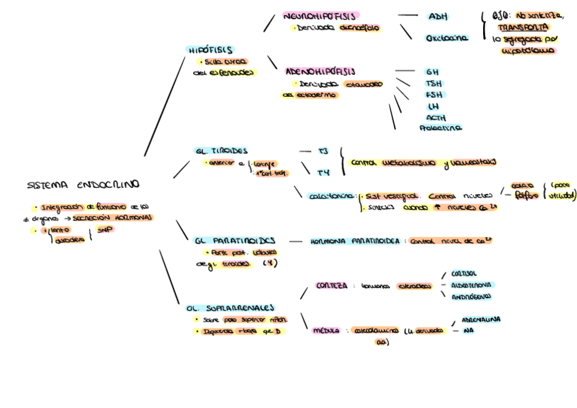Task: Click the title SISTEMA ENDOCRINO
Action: coord(83,185)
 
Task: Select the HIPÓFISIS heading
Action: coord(210,50)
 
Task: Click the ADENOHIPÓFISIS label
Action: coord(320,71)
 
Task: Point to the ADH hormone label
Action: coord(438,16)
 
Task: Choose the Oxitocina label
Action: coord(446,38)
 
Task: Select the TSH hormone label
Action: coord(433,83)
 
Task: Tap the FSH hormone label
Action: coord(433,95)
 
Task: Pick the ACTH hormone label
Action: coord(436,118)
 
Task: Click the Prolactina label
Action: coord(441,128)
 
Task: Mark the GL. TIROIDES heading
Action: coord(221,151)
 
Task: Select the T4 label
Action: coord(324,173)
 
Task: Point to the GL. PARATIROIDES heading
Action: coord(234,240)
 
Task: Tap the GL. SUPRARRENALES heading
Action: coord(230,308)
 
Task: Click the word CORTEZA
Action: coord(331,285)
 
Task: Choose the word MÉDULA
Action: coord(326,330)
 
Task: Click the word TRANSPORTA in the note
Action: coord(523,27)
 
